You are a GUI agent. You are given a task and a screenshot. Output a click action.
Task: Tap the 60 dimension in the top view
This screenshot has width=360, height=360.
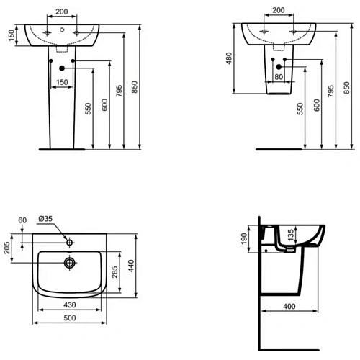(x=22, y=220)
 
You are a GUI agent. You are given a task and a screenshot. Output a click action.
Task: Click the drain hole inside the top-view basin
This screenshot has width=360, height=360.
(x=70, y=262)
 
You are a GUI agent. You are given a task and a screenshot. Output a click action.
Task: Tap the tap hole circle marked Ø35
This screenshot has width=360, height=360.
(x=70, y=240)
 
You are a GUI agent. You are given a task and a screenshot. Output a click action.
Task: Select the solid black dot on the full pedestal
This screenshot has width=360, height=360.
(x=62, y=68)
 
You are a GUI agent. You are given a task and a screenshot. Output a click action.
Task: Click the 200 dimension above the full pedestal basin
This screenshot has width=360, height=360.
(x=61, y=12)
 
